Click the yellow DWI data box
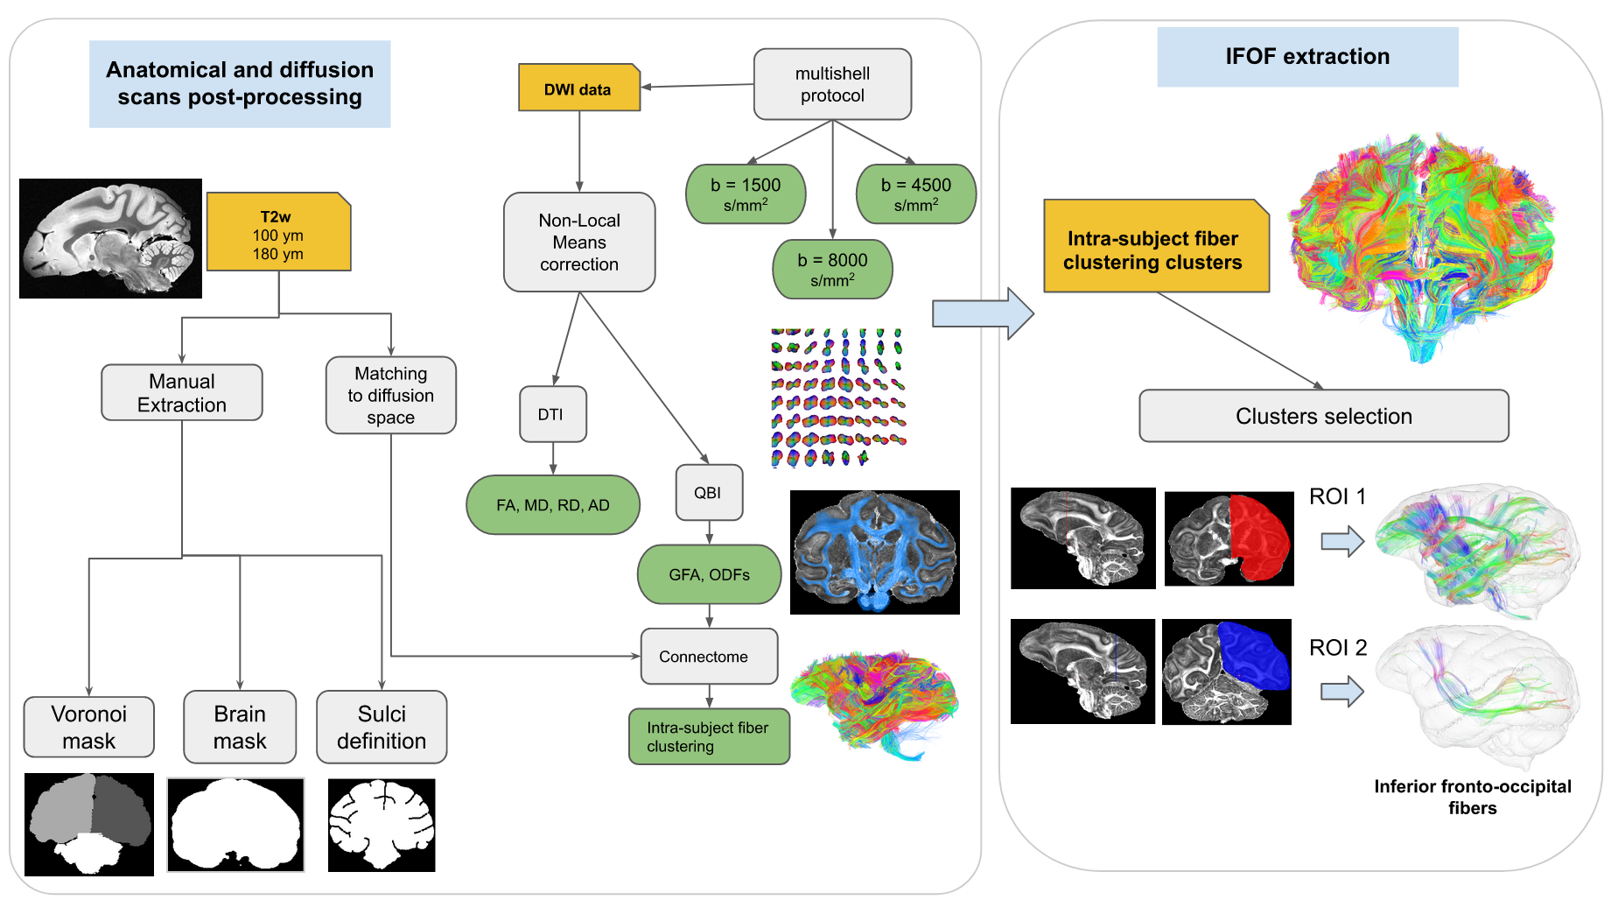point(578,88)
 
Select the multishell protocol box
point(832,84)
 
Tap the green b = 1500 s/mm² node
point(746,194)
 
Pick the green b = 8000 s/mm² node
point(832,270)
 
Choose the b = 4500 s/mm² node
point(915,194)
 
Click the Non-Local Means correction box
point(579,243)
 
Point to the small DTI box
point(551,414)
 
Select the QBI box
point(709,493)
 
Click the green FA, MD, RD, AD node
point(553,505)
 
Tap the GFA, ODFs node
point(709,575)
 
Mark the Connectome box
point(709,657)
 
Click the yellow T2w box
point(278,232)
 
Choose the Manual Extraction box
point(182,393)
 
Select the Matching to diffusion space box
point(390,395)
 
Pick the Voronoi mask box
point(89,727)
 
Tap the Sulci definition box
point(382,727)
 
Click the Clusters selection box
point(1323,416)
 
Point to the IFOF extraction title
point(1307,57)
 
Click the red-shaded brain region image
point(1229,538)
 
